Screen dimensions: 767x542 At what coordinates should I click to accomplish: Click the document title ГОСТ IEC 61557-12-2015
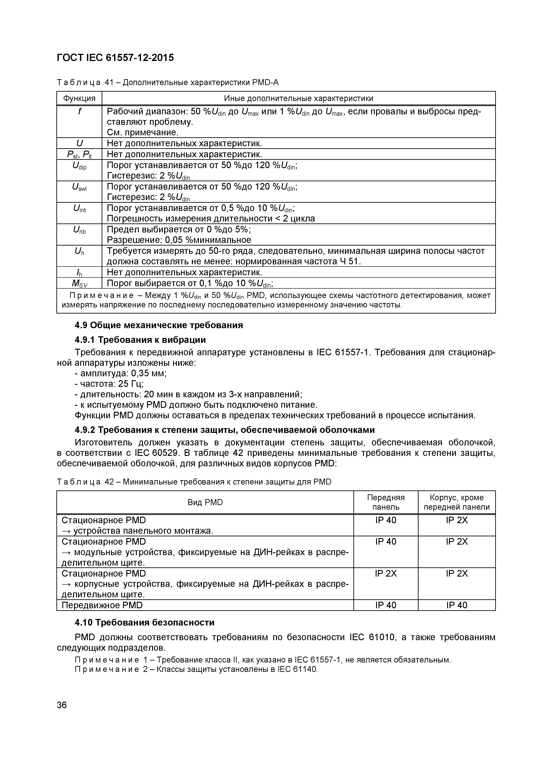[115, 58]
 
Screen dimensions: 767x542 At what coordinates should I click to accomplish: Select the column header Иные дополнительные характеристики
[298, 98]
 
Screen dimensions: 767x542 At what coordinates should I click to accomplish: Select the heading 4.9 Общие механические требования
[159, 325]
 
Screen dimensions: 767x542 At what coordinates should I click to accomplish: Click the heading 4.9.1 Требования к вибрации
[140, 340]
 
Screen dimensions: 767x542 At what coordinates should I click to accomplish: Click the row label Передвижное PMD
[102, 605]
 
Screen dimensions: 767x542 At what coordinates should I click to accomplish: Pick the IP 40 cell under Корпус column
[457, 605]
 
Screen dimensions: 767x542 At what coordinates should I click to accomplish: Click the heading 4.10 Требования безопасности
[144, 622]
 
